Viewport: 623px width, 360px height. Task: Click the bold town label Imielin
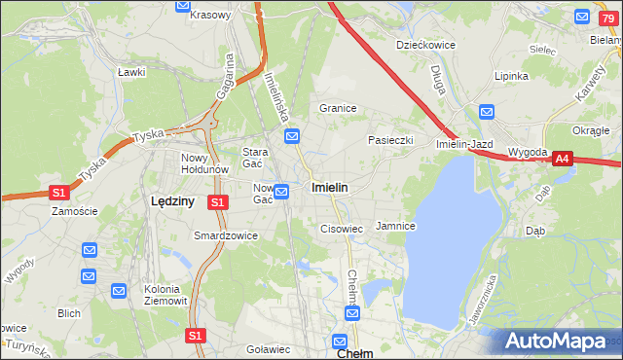tap(330, 186)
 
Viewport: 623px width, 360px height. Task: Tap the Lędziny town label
tap(173, 200)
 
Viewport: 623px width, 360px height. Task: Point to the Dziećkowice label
tap(423, 45)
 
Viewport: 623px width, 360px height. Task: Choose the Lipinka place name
tap(511, 76)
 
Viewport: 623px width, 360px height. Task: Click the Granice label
tap(338, 108)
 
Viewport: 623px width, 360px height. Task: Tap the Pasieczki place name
tap(390, 140)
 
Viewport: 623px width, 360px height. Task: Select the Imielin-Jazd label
tap(464, 144)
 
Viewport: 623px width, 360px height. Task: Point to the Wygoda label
tap(528, 154)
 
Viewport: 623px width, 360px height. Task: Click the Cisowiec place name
tap(342, 229)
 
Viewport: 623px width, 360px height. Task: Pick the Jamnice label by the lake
tap(396, 226)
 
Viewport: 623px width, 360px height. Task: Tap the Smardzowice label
tap(226, 235)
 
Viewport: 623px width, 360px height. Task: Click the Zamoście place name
tap(75, 211)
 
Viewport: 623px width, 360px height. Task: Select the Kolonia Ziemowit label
tap(162, 295)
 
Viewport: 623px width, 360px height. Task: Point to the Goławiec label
tap(269, 349)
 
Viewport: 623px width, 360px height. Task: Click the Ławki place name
tap(130, 72)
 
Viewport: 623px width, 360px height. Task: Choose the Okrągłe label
tap(590, 129)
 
